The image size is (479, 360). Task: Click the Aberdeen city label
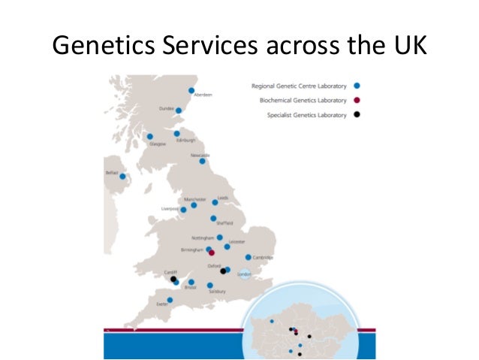click(x=203, y=95)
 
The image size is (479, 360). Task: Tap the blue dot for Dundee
click(x=179, y=110)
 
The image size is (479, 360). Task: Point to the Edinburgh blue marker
click(x=176, y=134)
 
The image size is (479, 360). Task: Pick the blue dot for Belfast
click(x=122, y=177)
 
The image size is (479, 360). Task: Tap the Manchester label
click(x=184, y=199)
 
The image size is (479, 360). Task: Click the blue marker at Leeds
click(x=215, y=202)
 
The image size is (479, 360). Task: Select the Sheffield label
click(x=224, y=224)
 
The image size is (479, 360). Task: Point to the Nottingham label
click(x=203, y=238)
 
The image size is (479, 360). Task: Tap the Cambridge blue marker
click(x=249, y=257)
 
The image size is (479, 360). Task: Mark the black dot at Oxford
click(x=223, y=271)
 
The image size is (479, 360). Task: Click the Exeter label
click(x=161, y=304)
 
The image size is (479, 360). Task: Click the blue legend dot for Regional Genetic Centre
click(x=356, y=86)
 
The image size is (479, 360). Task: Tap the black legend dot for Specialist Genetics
click(x=356, y=115)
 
